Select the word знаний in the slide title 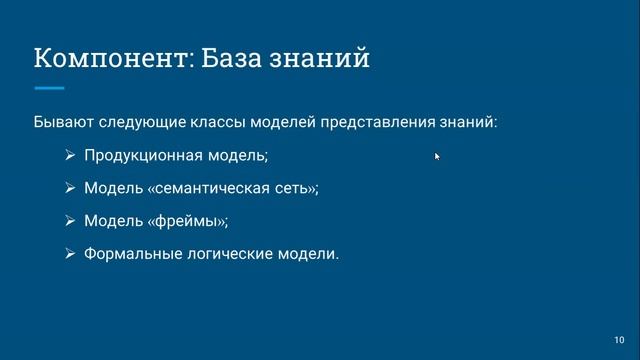[323, 59]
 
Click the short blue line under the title [49, 88]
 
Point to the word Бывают [63, 123]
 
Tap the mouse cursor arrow [437, 156]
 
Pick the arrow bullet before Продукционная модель [69, 156]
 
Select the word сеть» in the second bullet [293, 188]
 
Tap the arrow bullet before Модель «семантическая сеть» [69, 188]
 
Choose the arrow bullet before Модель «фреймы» [69, 221]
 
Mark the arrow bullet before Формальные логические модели [69, 254]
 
